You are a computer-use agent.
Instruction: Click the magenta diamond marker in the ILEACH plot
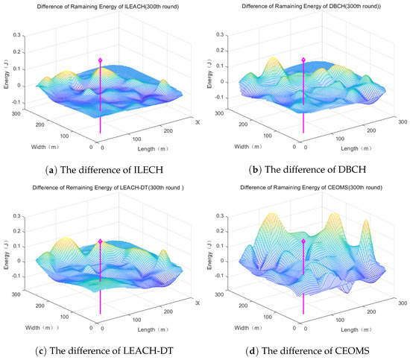(101, 58)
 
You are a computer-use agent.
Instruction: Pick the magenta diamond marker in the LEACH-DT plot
(101, 241)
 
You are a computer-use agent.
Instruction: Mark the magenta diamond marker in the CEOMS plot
(303, 241)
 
